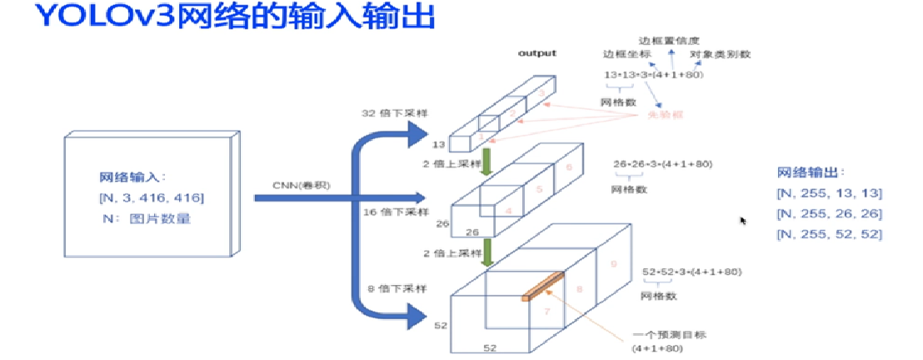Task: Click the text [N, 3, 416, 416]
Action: click(150, 197)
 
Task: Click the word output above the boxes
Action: click(537, 53)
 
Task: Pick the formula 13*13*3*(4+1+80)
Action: click(654, 75)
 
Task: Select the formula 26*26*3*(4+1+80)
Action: click(663, 165)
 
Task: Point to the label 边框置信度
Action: click(669, 40)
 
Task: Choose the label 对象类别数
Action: click(721, 55)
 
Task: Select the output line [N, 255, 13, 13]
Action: click(829, 193)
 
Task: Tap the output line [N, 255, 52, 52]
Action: click(829, 234)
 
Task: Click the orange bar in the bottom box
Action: click(542, 286)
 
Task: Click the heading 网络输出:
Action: click(810, 172)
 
